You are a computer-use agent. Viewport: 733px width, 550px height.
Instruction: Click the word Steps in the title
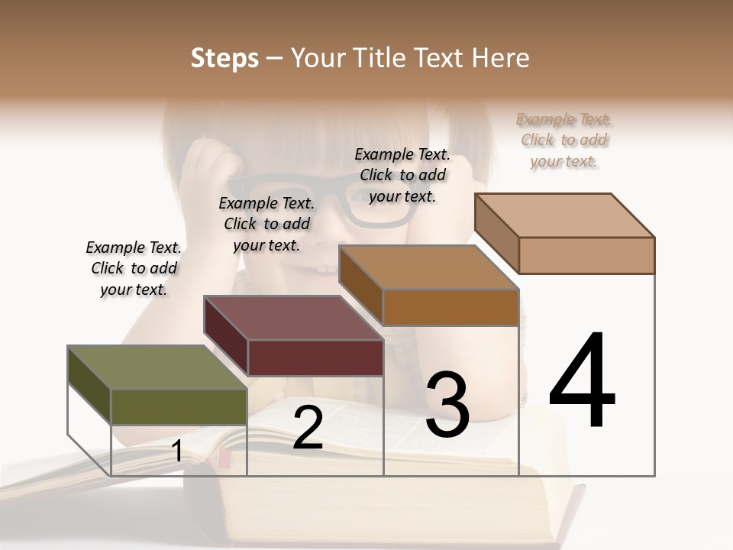coord(224,58)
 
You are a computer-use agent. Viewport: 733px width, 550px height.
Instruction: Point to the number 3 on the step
coord(447,405)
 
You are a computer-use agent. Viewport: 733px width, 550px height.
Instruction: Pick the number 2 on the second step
coord(308,428)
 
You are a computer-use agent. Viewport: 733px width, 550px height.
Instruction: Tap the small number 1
coord(177,451)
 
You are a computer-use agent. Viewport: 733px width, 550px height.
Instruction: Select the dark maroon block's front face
coord(315,357)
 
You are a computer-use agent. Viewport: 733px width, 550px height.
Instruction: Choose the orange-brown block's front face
coord(450,308)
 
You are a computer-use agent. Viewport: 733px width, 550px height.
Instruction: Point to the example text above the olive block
coord(134,268)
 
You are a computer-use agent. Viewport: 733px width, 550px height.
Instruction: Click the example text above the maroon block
coord(266,224)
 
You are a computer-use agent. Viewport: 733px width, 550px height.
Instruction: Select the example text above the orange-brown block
coord(402,175)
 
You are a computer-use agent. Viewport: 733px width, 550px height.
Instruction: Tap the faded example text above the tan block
coord(563,140)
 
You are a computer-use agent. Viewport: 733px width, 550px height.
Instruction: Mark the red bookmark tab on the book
coord(224,458)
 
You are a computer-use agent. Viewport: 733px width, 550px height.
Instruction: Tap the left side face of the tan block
coord(496,233)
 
